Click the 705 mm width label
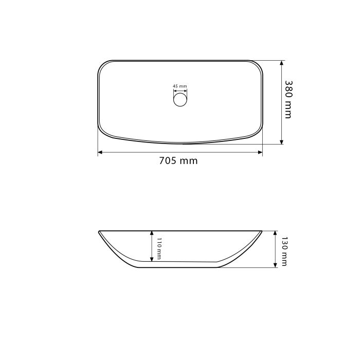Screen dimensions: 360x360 (x=178, y=160)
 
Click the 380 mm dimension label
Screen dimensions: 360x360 (x=289, y=99)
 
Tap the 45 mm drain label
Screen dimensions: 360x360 (x=180, y=86)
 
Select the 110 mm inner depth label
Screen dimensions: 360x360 (x=159, y=248)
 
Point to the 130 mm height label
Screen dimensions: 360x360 (x=284, y=251)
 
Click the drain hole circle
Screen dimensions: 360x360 (x=180, y=100)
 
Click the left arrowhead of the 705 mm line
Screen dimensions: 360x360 (x=100, y=152)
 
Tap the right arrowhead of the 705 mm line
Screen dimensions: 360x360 (x=260, y=152)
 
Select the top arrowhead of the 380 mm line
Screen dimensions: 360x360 (x=282, y=63)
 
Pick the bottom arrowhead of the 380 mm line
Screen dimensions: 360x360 (x=282, y=142)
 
